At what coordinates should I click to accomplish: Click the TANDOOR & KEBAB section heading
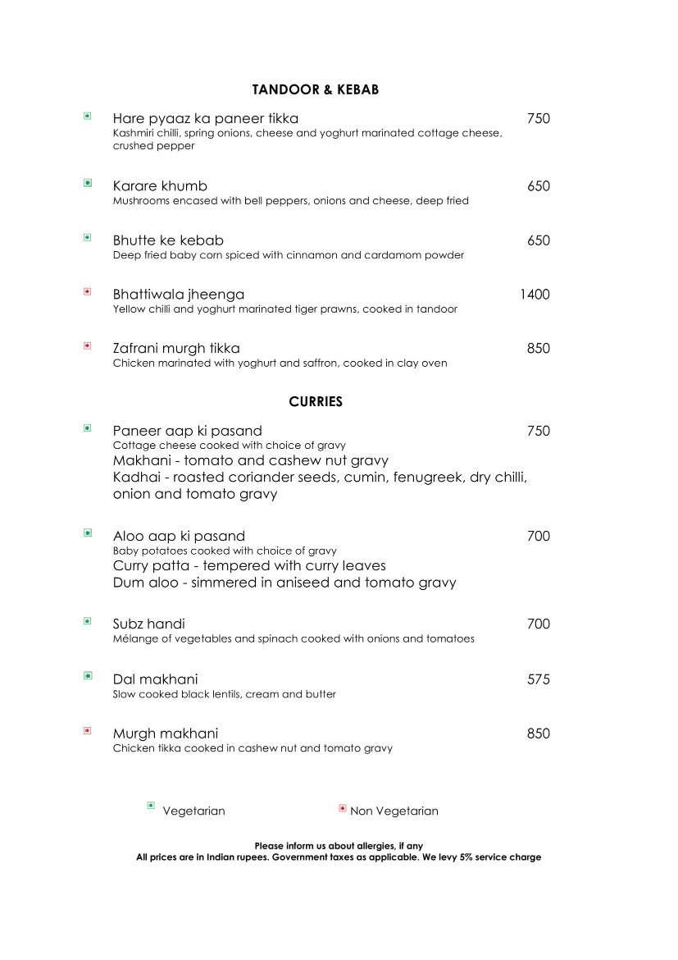[x=316, y=89]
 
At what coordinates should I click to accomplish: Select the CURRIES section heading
[x=316, y=402]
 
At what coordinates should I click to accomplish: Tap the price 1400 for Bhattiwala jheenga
[x=535, y=295]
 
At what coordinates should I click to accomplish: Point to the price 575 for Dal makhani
[x=538, y=679]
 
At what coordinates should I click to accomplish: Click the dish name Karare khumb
[x=160, y=186]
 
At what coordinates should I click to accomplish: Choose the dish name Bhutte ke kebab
[x=168, y=240]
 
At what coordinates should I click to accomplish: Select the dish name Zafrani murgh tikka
[x=176, y=349]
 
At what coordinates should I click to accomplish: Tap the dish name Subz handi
[x=149, y=624]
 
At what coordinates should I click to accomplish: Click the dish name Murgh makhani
[x=166, y=734]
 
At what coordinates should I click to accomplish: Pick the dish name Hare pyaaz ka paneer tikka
[x=206, y=119]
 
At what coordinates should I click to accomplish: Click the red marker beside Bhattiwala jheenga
[x=87, y=291]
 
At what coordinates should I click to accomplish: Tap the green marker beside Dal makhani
[x=87, y=676]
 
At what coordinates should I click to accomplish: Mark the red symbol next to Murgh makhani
[x=87, y=730]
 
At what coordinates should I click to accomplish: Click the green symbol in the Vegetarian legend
[x=151, y=807]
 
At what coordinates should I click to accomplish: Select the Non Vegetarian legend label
[x=394, y=811]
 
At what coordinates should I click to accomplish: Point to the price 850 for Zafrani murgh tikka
[x=538, y=349]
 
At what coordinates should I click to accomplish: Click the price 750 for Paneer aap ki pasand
[x=538, y=432]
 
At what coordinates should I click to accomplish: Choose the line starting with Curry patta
[x=249, y=566]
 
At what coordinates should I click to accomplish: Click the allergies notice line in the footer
[x=339, y=846]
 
